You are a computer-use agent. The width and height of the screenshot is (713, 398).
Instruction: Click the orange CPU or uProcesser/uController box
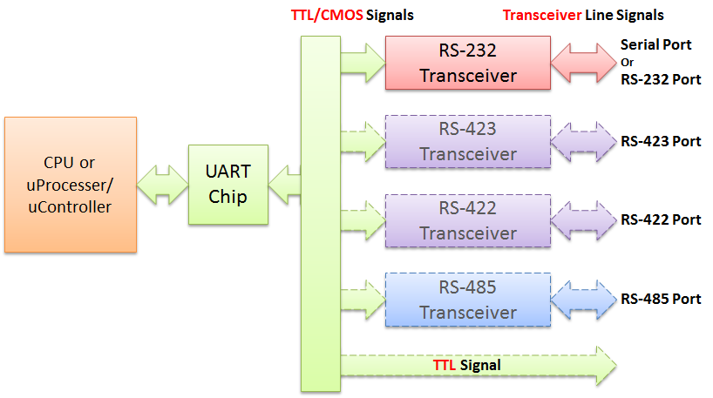tap(71, 185)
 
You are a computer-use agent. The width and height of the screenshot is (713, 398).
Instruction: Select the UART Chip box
tap(228, 185)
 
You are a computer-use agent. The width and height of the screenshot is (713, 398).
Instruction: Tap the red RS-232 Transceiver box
tap(468, 63)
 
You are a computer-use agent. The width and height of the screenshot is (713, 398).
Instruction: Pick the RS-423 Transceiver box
tap(468, 142)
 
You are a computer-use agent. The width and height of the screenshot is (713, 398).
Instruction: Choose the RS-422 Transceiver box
tap(468, 221)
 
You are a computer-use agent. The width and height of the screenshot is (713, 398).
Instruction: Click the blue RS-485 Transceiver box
tap(468, 300)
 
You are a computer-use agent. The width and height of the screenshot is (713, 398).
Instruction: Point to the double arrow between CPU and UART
tap(162, 185)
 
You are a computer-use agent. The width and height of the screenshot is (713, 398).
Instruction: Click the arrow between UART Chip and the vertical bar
tap(285, 185)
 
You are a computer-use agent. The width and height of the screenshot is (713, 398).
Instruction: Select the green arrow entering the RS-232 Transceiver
tap(363, 63)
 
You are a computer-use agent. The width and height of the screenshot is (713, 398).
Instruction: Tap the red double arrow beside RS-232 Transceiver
tap(583, 63)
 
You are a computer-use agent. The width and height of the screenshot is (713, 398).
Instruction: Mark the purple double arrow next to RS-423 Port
tap(583, 142)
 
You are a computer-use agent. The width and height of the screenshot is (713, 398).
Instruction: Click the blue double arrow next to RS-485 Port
tap(583, 300)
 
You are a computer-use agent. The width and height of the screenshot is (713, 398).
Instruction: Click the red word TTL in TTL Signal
tap(445, 365)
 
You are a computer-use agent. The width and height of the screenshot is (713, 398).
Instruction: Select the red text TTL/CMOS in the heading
tap(327, 16)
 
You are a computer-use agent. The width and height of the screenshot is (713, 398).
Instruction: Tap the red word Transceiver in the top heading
tap(542, 16)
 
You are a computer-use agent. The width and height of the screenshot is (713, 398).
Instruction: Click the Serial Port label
tap(655, 44)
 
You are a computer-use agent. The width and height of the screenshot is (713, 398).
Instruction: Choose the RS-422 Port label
tap(661, 219)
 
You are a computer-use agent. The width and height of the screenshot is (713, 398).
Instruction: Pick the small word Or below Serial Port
tap(627, 62)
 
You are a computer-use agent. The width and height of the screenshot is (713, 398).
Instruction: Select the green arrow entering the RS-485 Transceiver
tap(363, 300)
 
